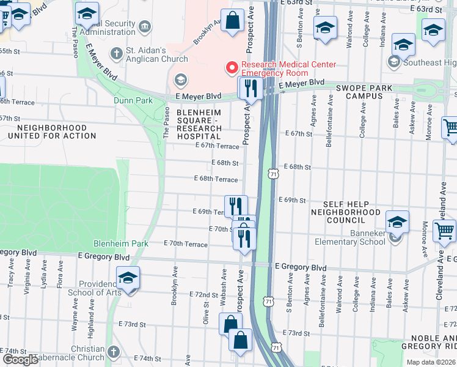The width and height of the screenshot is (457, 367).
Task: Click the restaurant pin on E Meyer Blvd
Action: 250,89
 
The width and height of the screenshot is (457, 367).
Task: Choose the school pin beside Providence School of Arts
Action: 128,278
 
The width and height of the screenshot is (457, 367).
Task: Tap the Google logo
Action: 20,360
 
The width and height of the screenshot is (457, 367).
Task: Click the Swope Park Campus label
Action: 364,92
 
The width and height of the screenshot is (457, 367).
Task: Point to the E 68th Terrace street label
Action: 216,179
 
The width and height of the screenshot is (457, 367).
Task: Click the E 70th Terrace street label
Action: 186,243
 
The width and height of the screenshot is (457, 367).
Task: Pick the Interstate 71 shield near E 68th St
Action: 272,175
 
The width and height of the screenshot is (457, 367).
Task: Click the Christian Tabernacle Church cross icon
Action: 114,351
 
